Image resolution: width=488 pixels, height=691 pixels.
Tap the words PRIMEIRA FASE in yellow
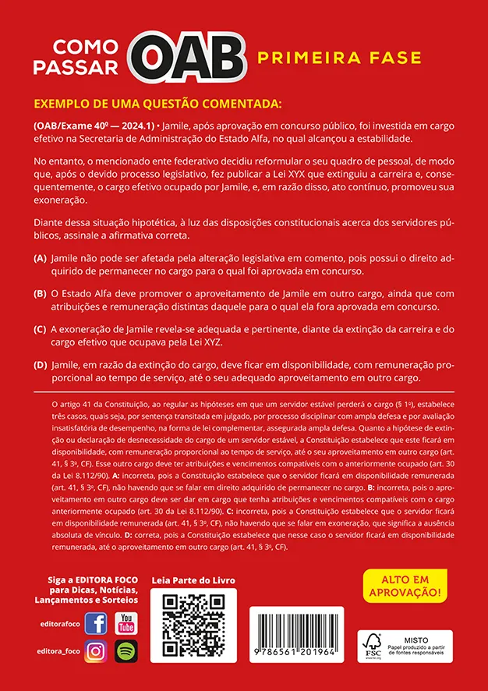point(339,58)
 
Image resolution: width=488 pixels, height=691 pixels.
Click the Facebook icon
point(95,624)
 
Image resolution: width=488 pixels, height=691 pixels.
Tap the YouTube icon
point(126,624)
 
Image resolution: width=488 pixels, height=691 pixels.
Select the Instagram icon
point(95,651)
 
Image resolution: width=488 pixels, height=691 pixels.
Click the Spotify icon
point(126,651)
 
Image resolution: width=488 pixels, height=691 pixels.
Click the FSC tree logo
point(373,646)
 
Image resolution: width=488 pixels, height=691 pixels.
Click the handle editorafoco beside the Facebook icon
point(58,625)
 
